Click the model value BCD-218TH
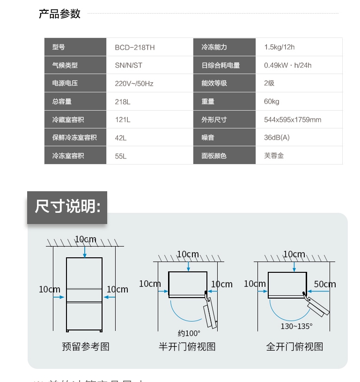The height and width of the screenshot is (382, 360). click(x=135, y=47)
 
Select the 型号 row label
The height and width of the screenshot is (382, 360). click(x=59, y=47)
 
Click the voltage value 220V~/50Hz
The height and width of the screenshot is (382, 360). click(x=134, y=83)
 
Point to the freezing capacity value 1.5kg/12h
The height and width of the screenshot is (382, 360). click(x=279, y=47)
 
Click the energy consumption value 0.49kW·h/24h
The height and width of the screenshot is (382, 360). click(x=287, y=66)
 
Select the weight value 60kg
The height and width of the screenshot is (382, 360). click(x=272, y=102)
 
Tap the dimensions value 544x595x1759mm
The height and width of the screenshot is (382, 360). click(x=293, y=120)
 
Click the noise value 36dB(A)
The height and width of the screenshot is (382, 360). click(x=277, y=138)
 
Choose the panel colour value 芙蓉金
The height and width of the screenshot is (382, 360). click(x=274, y=156)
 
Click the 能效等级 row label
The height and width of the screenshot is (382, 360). click(x=214, y=83)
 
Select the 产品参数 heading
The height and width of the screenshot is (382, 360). click(x=59, y=14)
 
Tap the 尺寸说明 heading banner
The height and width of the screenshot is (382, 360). click(x=67, y=207)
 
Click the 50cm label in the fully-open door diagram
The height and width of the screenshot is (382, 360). click(x=325, y=284)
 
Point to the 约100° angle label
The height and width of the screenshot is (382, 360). click(x=189, y=333)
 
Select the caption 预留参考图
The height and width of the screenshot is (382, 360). click(x=86, y=347)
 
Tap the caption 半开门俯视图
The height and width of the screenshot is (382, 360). click(x=187, y=347)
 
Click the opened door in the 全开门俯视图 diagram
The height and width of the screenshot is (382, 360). click(x=318, y=307)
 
